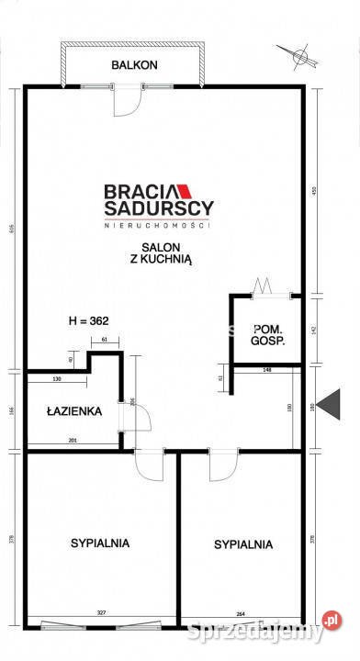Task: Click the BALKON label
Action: tap(135, 65)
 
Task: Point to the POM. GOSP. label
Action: tap(266, 334)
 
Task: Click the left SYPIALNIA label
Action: tap(100, 543)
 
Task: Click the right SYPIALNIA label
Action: tap(243, 543)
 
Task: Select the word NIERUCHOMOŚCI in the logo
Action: tap(157, 225)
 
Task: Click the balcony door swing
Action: tap(127, 101)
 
